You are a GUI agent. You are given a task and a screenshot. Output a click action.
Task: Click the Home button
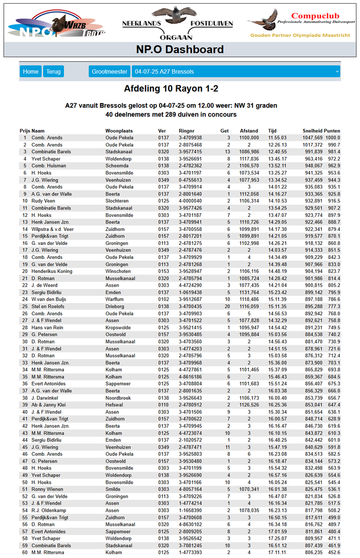tap(31, 71)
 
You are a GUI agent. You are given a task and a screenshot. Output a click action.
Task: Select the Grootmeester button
tap(110, 71)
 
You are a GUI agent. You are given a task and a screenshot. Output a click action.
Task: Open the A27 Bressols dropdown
tap(236, 71)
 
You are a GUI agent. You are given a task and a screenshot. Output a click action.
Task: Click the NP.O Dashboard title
tap(180, 49)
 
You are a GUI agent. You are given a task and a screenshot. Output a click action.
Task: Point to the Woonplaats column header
tap(119, 131)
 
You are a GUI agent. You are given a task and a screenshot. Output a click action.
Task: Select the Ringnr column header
tap(186, 131)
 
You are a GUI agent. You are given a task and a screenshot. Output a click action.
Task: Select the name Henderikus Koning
tap(52, 271)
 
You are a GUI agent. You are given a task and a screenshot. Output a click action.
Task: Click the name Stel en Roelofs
tap(48, 306)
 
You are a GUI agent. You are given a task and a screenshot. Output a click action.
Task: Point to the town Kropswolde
tap(118, 327)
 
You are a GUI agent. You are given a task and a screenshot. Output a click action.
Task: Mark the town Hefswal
tap(114, 404)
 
